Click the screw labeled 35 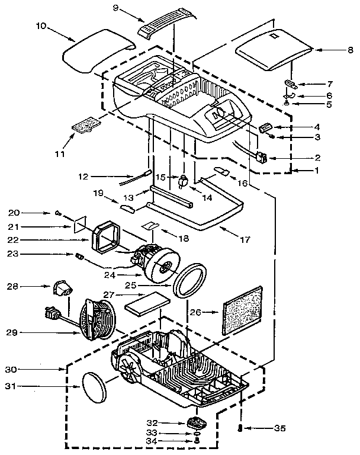[x=239, y=427]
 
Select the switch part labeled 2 [x=261, y=158]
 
